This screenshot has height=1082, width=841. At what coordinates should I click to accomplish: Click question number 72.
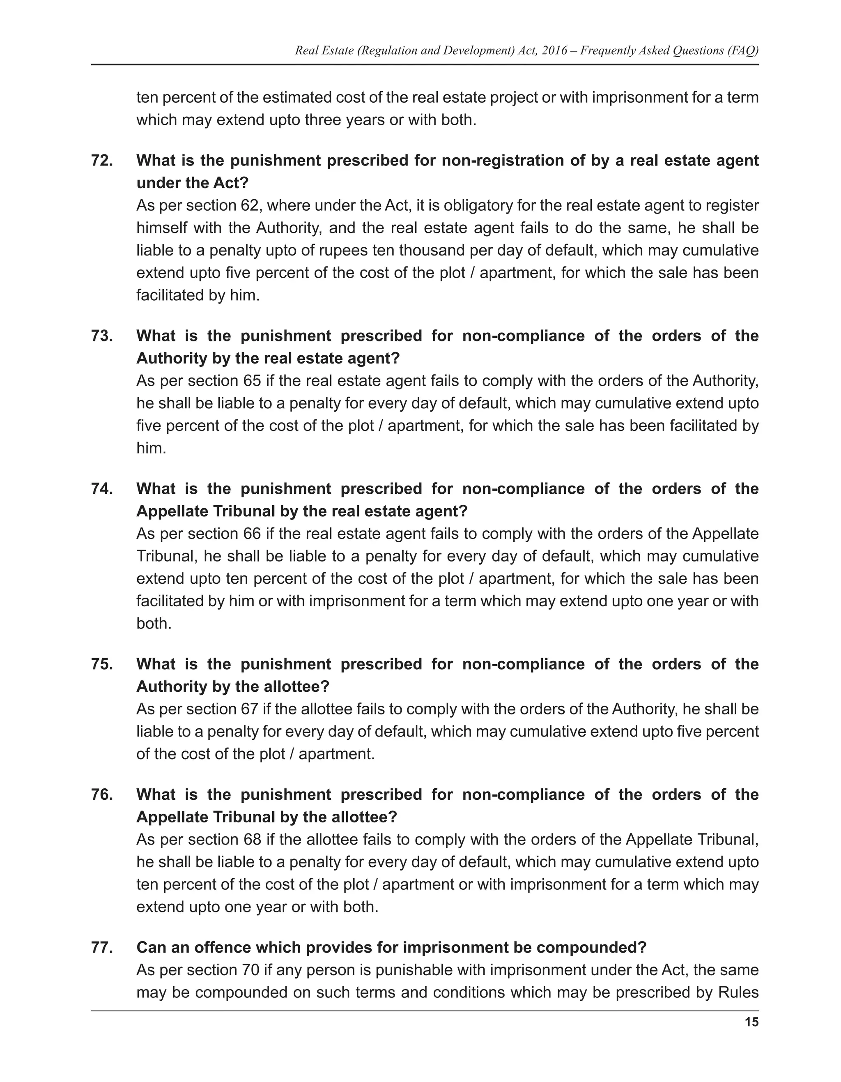click(101, 161)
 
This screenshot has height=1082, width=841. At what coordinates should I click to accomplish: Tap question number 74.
click(101, 488)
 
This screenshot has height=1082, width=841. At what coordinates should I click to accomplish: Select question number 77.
click(101, 947)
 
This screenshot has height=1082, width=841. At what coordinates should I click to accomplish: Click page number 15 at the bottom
click(751, 1022)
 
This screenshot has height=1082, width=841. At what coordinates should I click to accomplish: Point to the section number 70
click(250, 970)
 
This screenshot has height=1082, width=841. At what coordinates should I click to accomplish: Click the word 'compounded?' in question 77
click(591, 947)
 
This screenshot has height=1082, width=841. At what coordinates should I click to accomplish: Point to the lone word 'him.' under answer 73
click(151, 448)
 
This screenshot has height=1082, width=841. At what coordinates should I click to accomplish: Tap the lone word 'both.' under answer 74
click(154, 623)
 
